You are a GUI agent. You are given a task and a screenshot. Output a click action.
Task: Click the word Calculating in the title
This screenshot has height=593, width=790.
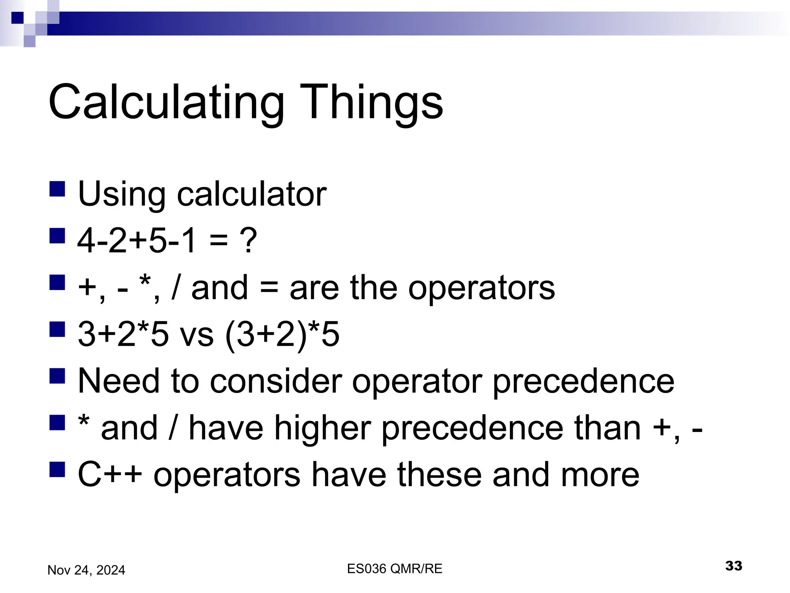(x=166, y=103)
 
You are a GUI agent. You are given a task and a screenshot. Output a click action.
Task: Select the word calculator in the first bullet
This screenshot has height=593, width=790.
(x=252, y=194)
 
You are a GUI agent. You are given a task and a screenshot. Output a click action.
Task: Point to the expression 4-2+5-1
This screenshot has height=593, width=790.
(x=137, y=240)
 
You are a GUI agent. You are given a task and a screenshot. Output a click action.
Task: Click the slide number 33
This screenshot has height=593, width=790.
(x=733, y=566)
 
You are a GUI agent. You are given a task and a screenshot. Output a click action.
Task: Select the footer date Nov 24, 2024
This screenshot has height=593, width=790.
(x=86, y=570)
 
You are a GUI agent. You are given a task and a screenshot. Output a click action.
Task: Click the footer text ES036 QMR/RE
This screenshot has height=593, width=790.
(x=395, y=569)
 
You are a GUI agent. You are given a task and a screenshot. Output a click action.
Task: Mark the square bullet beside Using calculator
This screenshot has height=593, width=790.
(x=57, y=189)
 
